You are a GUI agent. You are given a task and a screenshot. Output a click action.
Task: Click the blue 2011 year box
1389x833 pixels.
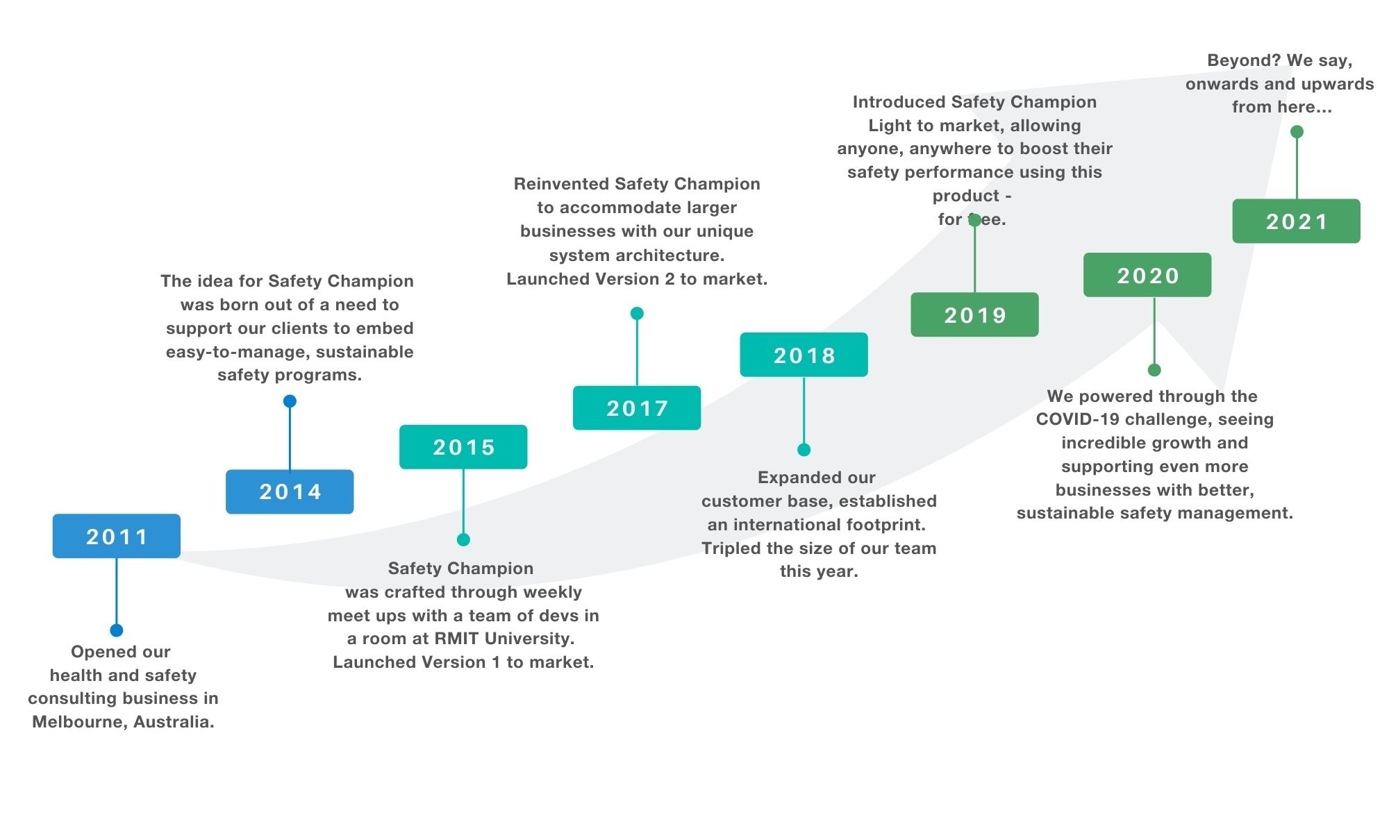pos(117,536)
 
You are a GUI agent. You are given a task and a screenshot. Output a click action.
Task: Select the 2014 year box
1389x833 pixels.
pos(290,491)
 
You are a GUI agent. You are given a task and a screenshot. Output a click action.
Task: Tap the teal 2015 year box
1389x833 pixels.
pos(463,447)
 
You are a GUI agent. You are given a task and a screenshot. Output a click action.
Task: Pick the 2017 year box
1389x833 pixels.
pos(637,408)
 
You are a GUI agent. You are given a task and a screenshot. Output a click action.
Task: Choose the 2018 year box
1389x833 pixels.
pos(804,355)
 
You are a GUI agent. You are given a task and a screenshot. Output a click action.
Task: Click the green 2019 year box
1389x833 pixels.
pos(975,314)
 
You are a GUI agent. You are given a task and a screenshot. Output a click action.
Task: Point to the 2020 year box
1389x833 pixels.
pos(1147,275)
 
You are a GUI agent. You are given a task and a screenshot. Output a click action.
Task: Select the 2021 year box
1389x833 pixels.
pos(1297,221)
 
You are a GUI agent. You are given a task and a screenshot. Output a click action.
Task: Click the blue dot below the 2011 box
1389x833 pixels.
pos(117,630)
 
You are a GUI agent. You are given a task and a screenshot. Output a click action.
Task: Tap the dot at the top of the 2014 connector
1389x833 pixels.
pos(290,401)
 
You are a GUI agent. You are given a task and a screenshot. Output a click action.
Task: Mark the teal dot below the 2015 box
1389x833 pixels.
pos(463,539)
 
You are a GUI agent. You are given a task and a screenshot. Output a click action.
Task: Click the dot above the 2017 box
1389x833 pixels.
pos(637,314)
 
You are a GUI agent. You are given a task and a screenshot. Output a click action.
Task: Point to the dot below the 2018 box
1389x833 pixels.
pos(804,450)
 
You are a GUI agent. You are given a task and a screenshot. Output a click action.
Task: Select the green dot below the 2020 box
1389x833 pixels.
pos(1154,370)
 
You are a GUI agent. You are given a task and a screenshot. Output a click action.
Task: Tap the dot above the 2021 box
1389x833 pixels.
pos(1297,132)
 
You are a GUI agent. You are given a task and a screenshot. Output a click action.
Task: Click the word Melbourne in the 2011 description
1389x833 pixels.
pos(79,722)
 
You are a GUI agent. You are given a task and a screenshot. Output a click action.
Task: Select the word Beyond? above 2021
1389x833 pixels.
pos(1244,61)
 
